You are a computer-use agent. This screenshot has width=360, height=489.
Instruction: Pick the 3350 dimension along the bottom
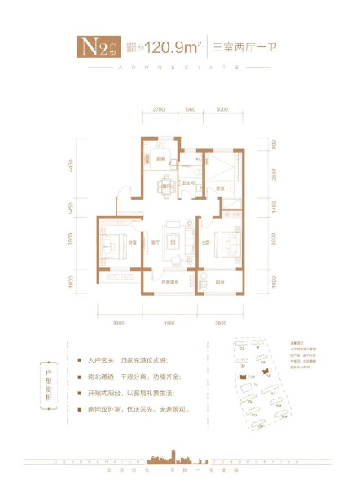[x=119, y=324]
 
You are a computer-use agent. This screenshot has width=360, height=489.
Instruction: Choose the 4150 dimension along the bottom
[x=169, y=324]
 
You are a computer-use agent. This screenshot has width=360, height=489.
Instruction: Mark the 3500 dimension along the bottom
[x=220, y=324]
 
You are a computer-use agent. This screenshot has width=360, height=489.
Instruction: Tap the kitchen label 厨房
[x=161, y=159]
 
